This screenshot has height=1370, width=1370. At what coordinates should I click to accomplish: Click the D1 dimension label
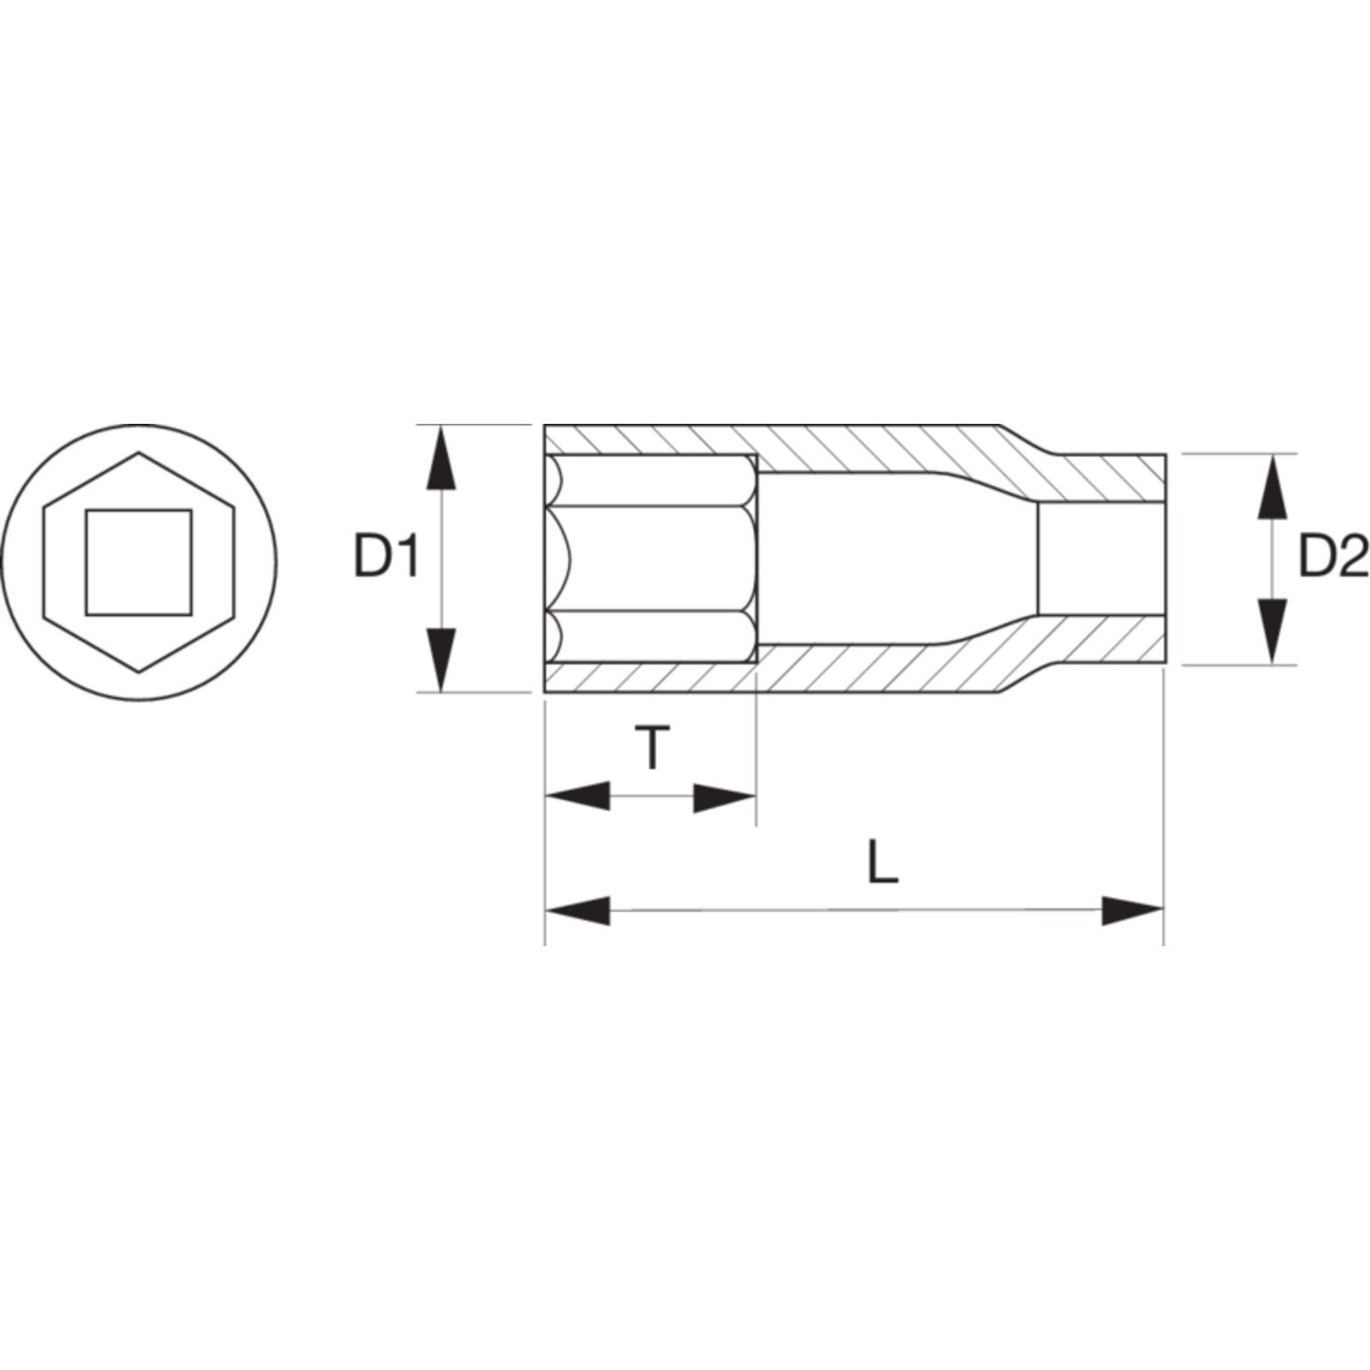click(x=386, y=557)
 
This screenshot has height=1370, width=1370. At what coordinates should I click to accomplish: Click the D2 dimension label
click(x=1333, y=557)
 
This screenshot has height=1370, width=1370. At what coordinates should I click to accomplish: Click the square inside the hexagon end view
click(x=139, y=563)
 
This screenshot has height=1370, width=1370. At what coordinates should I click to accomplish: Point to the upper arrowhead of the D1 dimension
click(x=441, y=457)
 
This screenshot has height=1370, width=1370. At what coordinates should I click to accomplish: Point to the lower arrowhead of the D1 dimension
click(x=441, y=658)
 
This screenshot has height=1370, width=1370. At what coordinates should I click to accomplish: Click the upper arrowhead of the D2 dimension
click(x=1273, y=486)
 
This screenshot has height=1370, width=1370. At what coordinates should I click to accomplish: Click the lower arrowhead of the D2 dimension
click(x=1273, y=631)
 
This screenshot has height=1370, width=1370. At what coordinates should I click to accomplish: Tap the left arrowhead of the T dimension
click(x=578, y=796)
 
